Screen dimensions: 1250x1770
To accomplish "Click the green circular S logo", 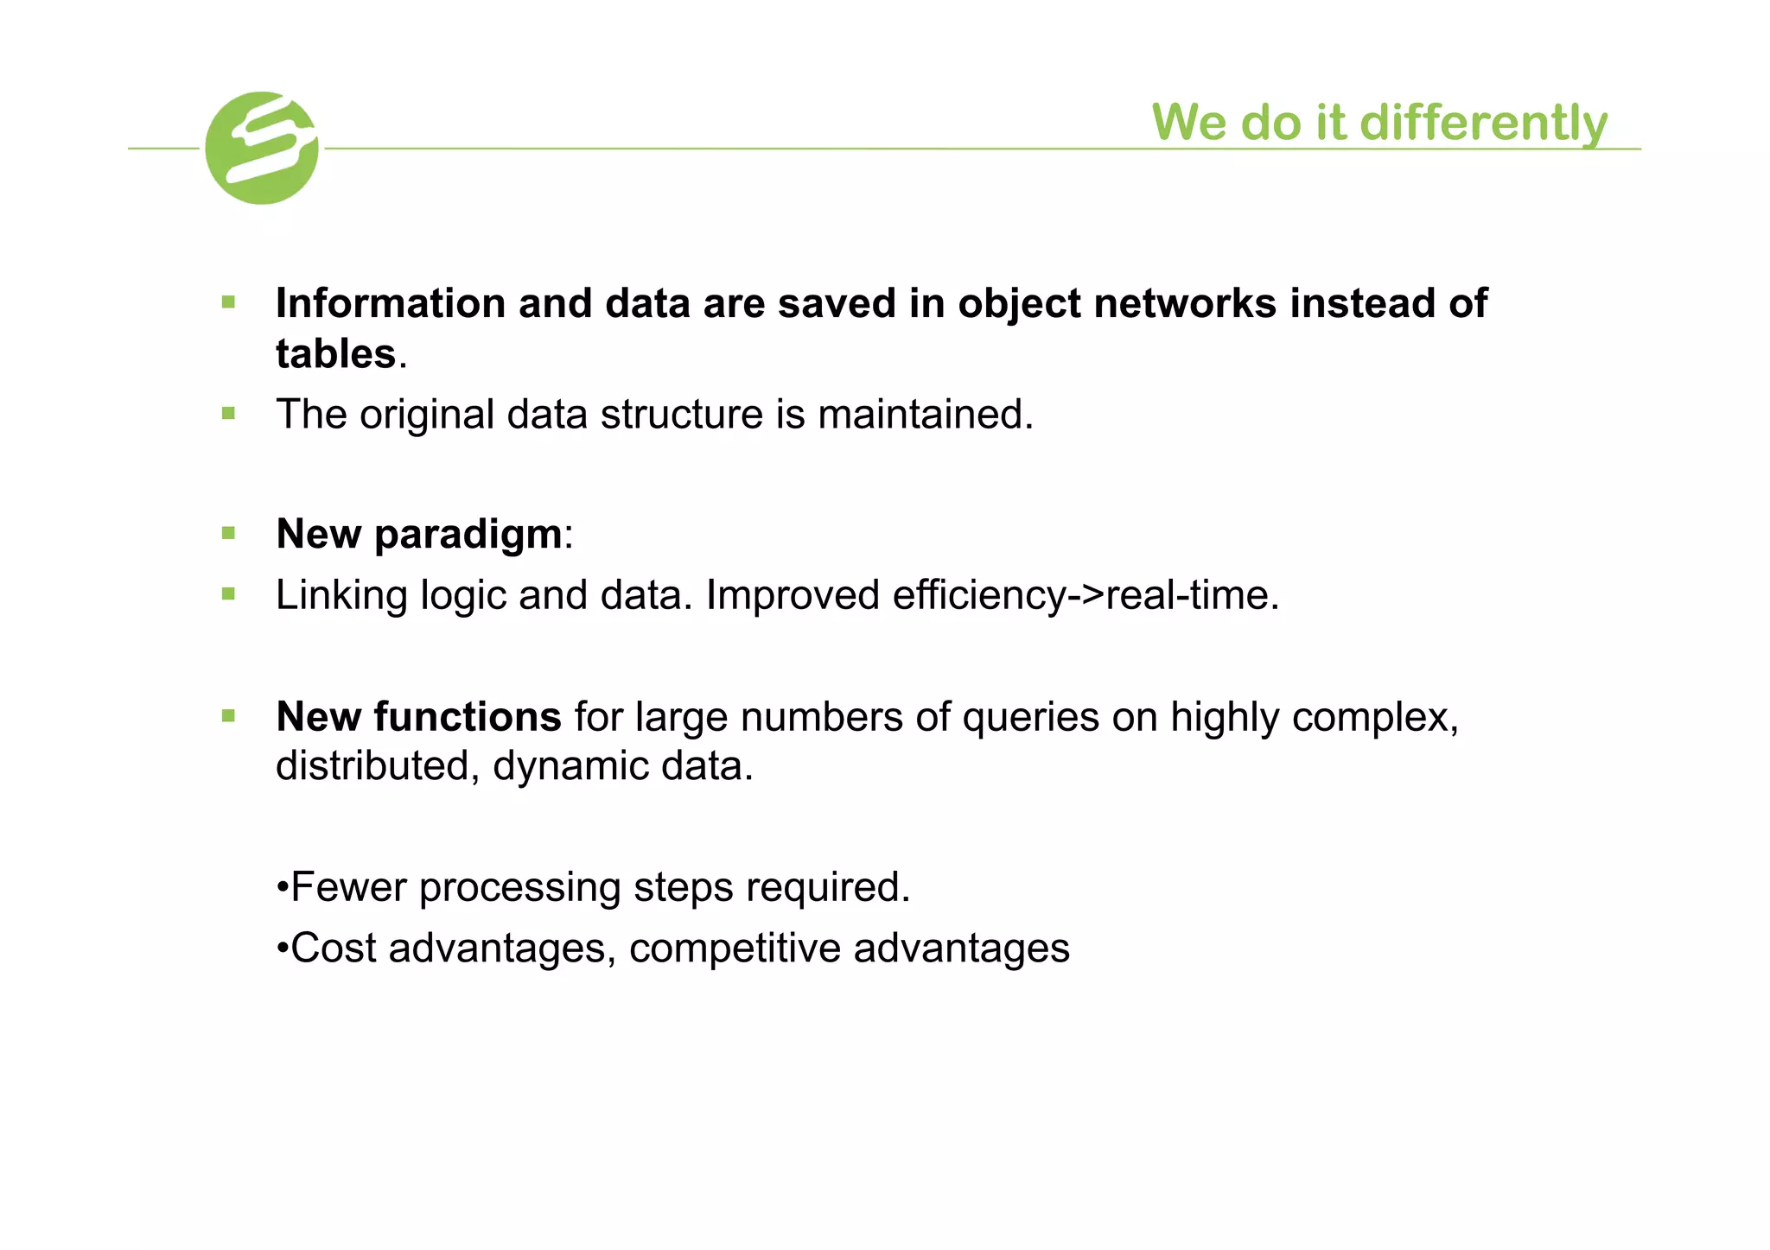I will click(x=262, y=148).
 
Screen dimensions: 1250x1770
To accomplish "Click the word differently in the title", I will click(x=1483, y=123).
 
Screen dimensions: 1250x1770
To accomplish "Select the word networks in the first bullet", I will click(x=1185, y=303).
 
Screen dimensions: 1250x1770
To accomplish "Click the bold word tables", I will click(x=335, y=354).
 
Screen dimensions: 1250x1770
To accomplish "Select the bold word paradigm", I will click(x=468, y=534).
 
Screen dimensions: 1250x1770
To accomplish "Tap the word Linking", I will click(x=341, y=595).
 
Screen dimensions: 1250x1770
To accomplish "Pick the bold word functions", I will click(x=468, y=717).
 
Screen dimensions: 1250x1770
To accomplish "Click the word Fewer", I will click(x=348, y=887).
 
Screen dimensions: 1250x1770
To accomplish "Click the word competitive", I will click(x=734, y=949).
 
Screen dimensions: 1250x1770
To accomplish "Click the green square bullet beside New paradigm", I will click(x=228, y=533).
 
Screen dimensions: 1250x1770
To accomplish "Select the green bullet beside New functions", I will click(x=228, y=715).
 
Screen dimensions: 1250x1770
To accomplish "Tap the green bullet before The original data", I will click(x=228, y=414).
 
